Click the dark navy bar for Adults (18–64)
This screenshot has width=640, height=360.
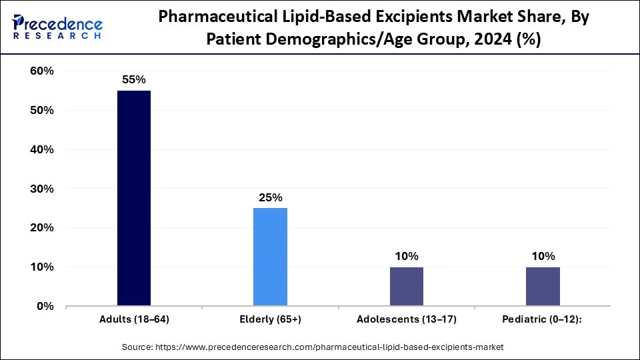pyautogui.click(x=134, y=199)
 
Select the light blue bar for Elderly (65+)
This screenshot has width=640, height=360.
pyautogui.click(x=270, y=257)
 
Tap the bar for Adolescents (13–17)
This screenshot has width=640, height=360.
pyautogui.click(x=406, y=287)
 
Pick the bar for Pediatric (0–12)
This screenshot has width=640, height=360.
pyautogui.click(x=543, y=287)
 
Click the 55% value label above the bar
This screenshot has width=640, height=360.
pyautogui.click(x=133, y=79)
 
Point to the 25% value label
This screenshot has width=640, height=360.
pyautogui.click(x=270, y=197)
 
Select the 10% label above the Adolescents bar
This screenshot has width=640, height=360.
pyautogui.click(x=406, y=256)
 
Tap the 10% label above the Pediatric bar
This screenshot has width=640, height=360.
pyautogui.click(x=543, y=256)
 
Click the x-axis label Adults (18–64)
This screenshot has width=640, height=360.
pyautogui.click(x=134, y=320)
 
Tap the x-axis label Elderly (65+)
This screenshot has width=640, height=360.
pyautogui.click(x=270, y=320)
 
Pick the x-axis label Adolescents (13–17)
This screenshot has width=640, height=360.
pyautogui.click(x=406, y=320)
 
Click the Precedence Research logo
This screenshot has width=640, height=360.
pyautogui.click(x=57, y=25)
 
